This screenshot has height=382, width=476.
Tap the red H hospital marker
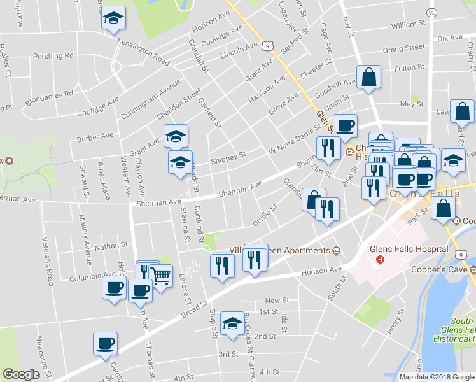pyautogui.click(x=381, y=260)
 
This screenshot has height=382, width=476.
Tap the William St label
pyautogui.click(x=408, y=25)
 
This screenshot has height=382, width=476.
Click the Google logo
pyautogui.click(x=21, y=374)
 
